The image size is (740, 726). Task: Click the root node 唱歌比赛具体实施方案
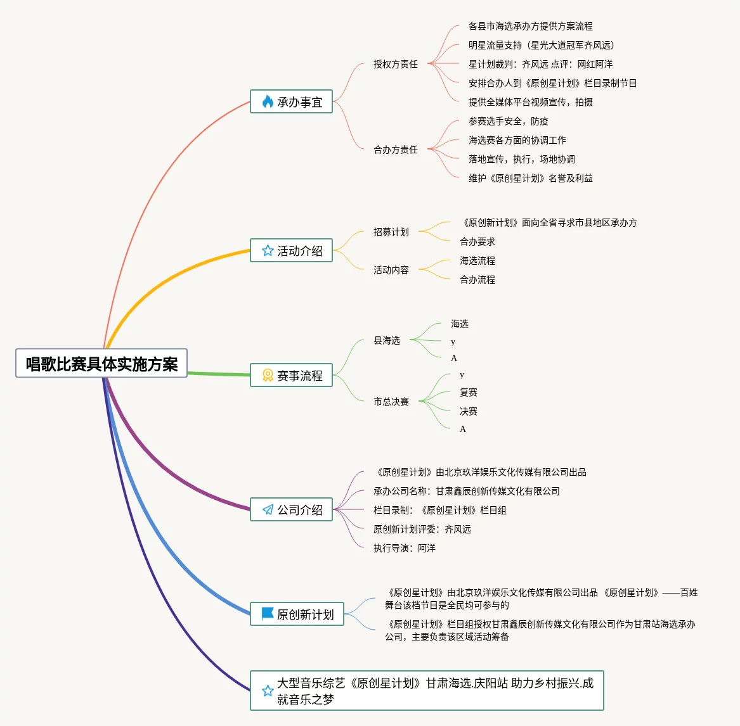pos(101,364)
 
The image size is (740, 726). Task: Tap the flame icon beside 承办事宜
pos(268,101)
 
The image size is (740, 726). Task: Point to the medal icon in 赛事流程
pos(268,376)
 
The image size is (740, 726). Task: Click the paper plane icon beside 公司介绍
pos(268,510)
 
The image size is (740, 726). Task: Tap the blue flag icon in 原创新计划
pos(268,614)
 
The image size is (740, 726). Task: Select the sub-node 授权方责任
pos(395,64)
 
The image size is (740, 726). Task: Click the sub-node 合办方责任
pos(395,150)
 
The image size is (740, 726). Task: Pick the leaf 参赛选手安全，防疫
pos(508,121)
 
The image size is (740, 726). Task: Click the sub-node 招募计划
pos(391,232)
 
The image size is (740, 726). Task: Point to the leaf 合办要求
pos(477,241)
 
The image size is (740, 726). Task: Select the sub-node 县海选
pos(386,340)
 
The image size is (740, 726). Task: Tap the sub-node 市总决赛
pos(391,402)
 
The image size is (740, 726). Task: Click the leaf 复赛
pos(468,392)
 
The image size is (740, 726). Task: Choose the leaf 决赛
pos(468,411)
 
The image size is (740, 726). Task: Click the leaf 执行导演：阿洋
pos(404,548)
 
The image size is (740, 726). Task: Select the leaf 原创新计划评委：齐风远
pos(422,529)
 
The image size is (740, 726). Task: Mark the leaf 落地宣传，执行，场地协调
pos(521,159)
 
